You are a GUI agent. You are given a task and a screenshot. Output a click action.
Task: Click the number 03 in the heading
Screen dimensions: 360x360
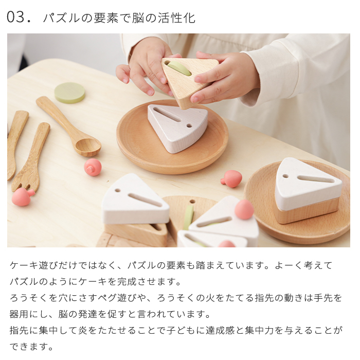click(15, 17)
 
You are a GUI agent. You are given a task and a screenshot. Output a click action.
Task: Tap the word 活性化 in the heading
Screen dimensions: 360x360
click(176, 18)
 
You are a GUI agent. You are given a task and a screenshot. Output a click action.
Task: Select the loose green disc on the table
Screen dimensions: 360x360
click(69, 93)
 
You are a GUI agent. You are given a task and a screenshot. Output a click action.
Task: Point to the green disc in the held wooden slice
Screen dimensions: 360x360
click(179, 68)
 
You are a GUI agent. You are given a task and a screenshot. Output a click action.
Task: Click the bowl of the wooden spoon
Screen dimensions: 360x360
click(88, 147)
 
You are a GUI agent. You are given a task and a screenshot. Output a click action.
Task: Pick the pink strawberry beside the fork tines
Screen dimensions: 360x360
click(23, 196)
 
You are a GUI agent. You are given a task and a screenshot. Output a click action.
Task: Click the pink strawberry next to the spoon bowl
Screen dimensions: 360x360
click(93, 167)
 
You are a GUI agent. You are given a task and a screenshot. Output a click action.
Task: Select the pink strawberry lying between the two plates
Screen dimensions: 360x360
click(231, 178)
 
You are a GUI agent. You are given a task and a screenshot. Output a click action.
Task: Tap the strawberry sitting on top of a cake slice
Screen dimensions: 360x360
click(244, 209)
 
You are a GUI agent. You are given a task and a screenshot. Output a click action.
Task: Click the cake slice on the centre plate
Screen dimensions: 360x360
click(177, 128)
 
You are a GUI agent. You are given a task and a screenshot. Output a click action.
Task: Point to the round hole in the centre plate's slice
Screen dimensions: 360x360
click(189, 125)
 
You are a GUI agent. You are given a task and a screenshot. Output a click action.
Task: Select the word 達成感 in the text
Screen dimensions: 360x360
click(221, 330)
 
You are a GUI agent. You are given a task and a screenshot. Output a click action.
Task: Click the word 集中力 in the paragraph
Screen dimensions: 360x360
click(260, 330)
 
